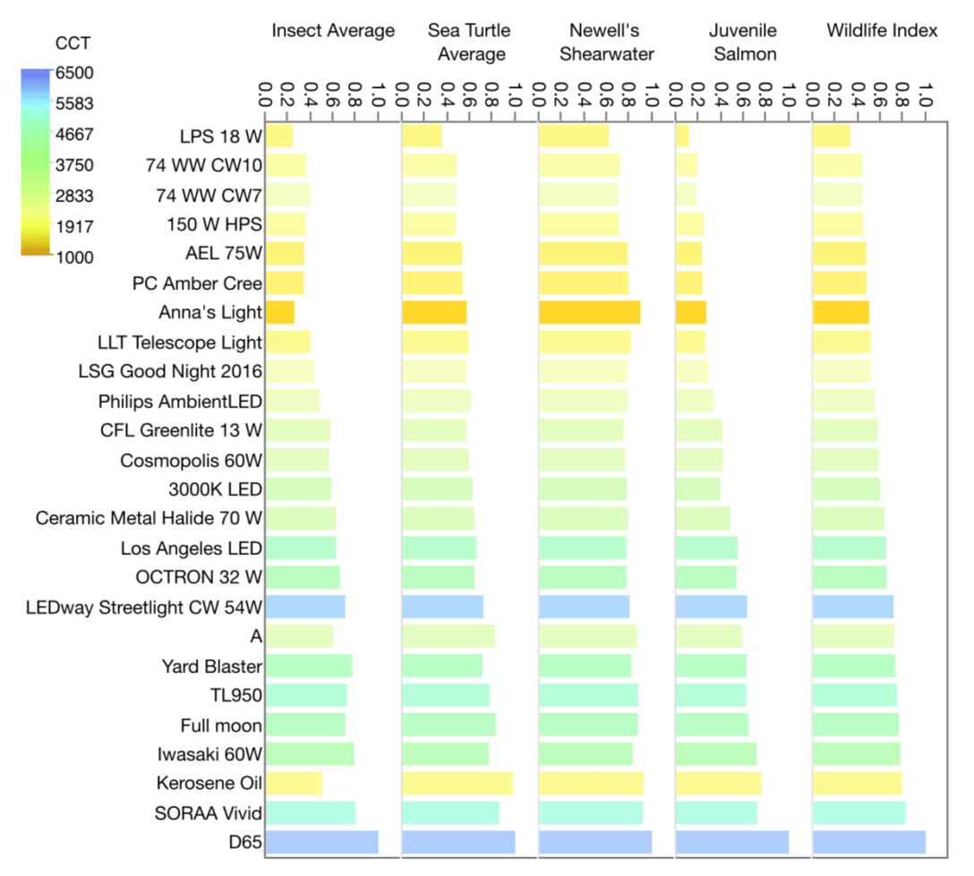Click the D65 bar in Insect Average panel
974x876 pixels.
click(x=321, y=843)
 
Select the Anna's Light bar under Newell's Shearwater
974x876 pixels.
click(x=589, y=312)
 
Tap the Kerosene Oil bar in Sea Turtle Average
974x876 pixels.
click(x=457, y=784)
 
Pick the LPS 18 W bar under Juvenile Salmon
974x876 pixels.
click(x=682, y=136)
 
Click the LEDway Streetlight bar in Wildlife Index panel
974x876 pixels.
click(x=852, y=607)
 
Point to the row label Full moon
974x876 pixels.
click(x=221, y=725)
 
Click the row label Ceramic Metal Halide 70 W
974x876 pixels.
click(x=149, y=518)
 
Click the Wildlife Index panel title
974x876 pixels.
click(x=881, y=30)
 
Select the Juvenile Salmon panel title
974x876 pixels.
click(x=742, y=42)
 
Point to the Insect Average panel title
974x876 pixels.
click(x=333, y=30)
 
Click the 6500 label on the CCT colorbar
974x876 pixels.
click(x=76, y=72)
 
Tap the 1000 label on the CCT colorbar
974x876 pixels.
click(x=76, y=257)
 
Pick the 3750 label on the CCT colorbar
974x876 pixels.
click(x=76, y=165)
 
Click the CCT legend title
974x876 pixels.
click(x=72, y=43)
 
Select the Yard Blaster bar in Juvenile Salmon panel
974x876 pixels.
click(x=711, y=666)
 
